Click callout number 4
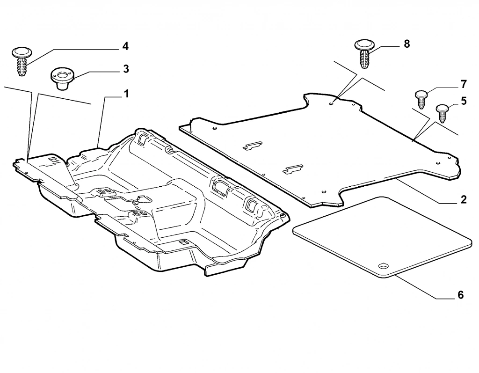[x=125, y=46]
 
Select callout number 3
[x=126, y=69]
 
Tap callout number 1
[x=126, y=94]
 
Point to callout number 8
[x=406, y=44]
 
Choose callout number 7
[x=463, y=85]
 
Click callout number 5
[x=463, y=102]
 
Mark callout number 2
[x=463, y=200]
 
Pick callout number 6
[x=460, y=295]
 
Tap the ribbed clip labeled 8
[x=364, y=54]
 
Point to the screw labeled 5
[x=442, y=113]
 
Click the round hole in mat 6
[x=384, y=266]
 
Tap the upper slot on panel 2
[x=252, y=146]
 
